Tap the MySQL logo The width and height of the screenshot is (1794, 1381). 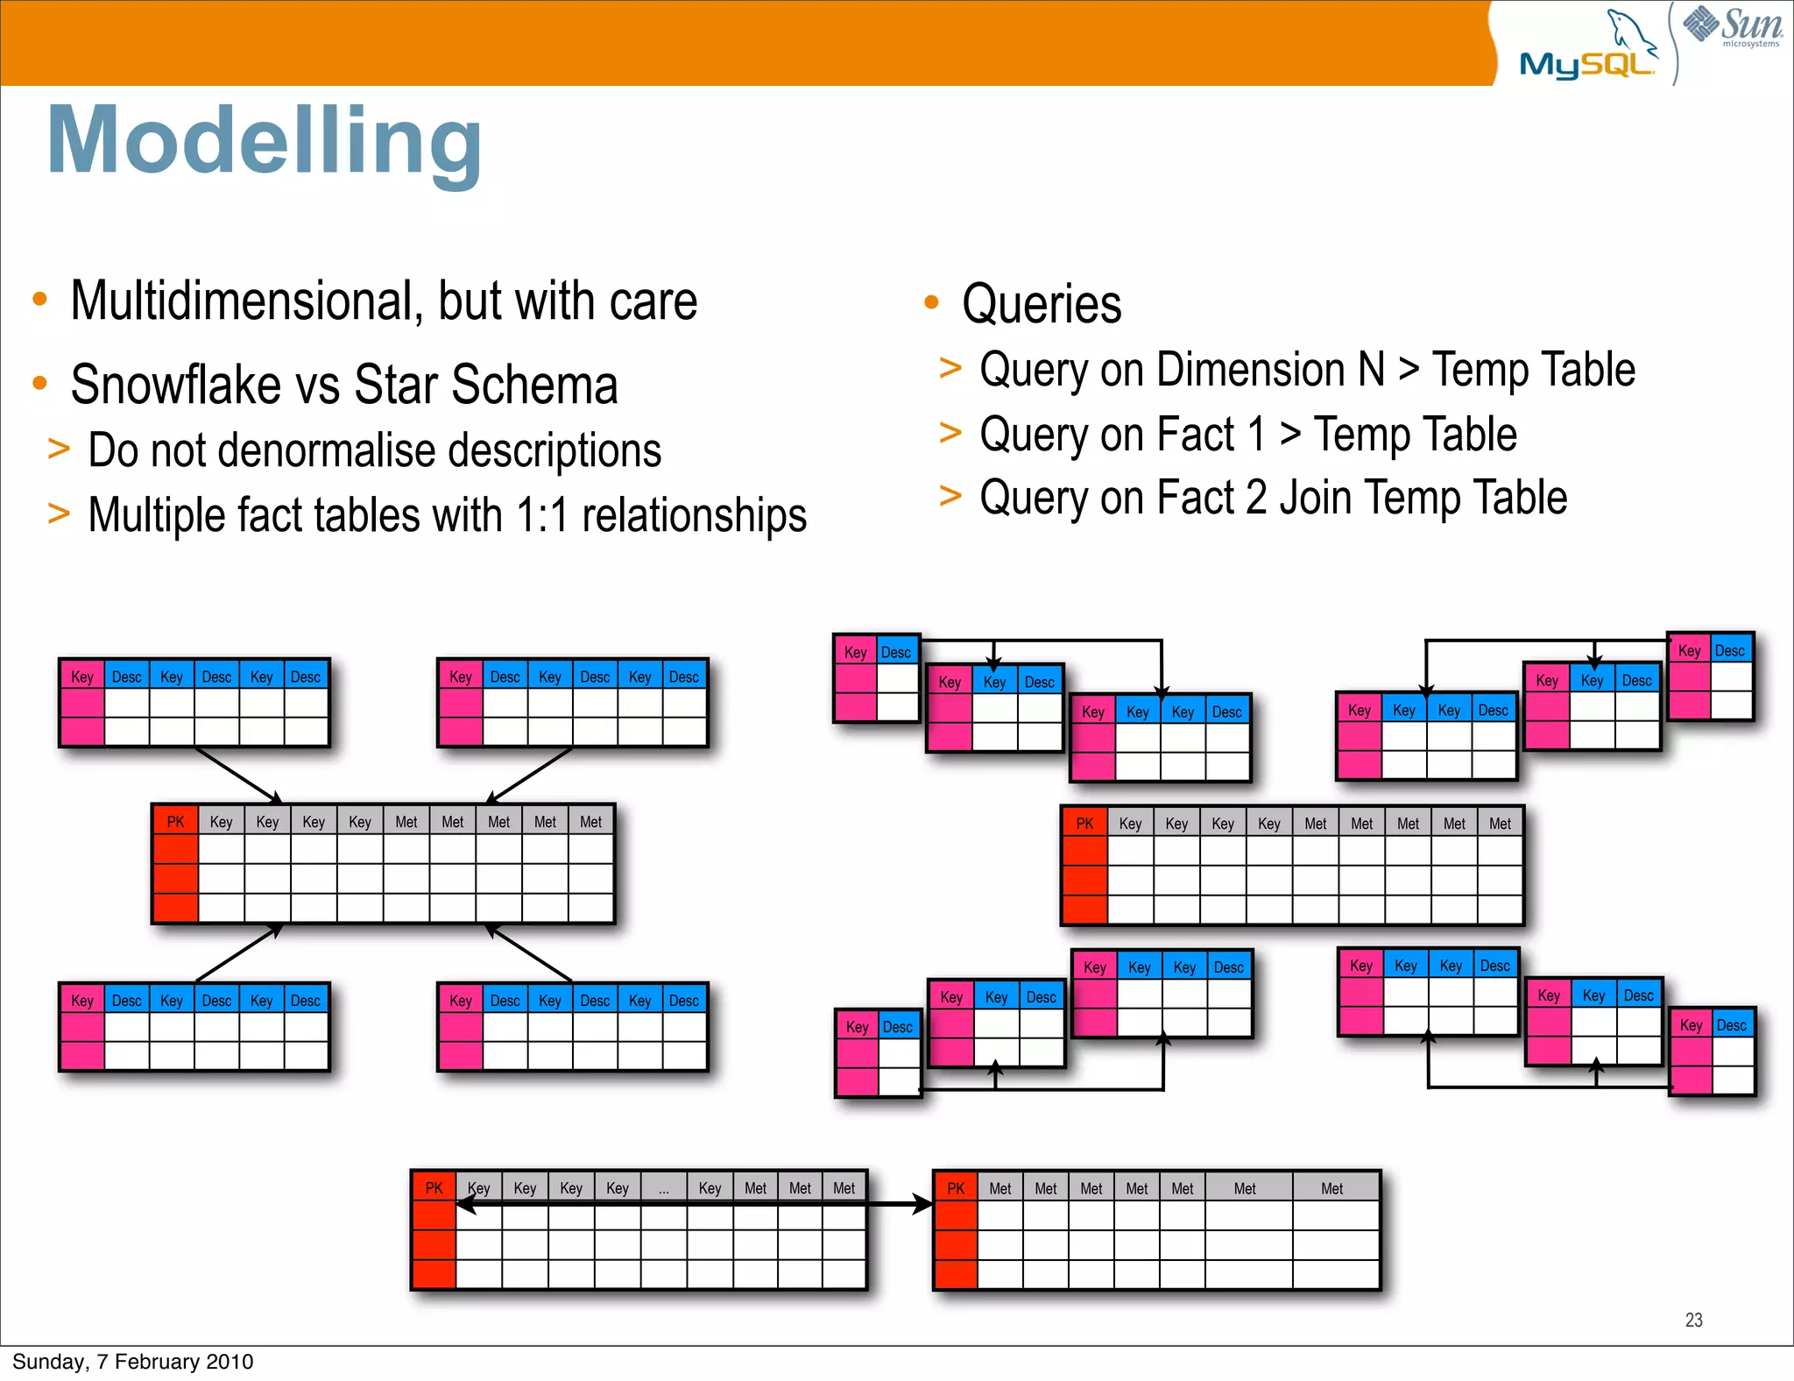pos(1587,53)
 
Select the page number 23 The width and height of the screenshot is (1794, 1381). pos(1693,1320)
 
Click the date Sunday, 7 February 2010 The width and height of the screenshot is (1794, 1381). pos(132,1362)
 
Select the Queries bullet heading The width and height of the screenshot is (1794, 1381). pos(1041,305)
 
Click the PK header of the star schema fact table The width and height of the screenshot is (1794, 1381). pos(175,822)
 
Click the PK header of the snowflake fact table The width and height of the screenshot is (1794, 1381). pos(1084,824)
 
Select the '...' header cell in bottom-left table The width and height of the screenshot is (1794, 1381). pos(664,1189)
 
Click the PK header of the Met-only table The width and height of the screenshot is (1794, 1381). pos(956,1189)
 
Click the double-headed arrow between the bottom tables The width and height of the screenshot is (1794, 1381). pos(893,1205)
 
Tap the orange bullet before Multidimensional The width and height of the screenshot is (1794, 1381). pos(39,300)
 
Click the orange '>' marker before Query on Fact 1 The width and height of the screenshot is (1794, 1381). pos(950,433)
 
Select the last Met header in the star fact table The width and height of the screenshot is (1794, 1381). pos(591,822)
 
